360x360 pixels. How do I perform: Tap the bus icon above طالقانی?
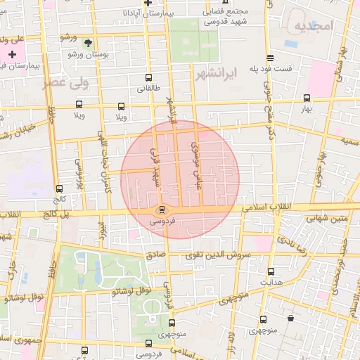point(148,77)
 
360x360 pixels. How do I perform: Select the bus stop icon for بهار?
point(306,98)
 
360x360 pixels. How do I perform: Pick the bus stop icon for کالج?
point(58,188)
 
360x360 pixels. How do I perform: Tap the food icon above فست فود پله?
point(270,58)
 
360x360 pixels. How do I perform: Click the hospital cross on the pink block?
point(12,54)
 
